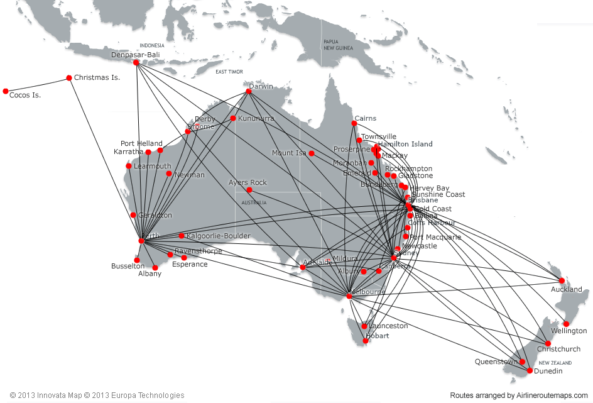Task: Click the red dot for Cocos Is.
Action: [x=6, y=91]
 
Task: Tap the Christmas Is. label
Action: [x=97, y=78]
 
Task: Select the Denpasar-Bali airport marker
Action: [x=136, y=62]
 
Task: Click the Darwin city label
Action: [x=261, y=86]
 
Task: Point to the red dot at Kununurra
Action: [x=233, y=118]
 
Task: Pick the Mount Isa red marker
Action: [x=311, y=153]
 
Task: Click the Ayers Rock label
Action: [x=248, y=182]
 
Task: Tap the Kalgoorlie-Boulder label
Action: [x=218, y=236]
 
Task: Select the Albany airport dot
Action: [x=155, y=268]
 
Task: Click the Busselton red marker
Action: [x=136, y=260]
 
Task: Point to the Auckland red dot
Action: [x=562, y=280]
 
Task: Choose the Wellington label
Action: [x=569, y=331]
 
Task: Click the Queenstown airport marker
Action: [x=522, y=362]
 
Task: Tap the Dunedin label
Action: [x=548, y=371]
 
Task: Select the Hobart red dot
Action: [x=366, y=340]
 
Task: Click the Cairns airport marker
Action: [x=354, y=123]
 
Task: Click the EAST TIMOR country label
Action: [x=229, y=72]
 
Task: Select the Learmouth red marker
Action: [x=129, y=166]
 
